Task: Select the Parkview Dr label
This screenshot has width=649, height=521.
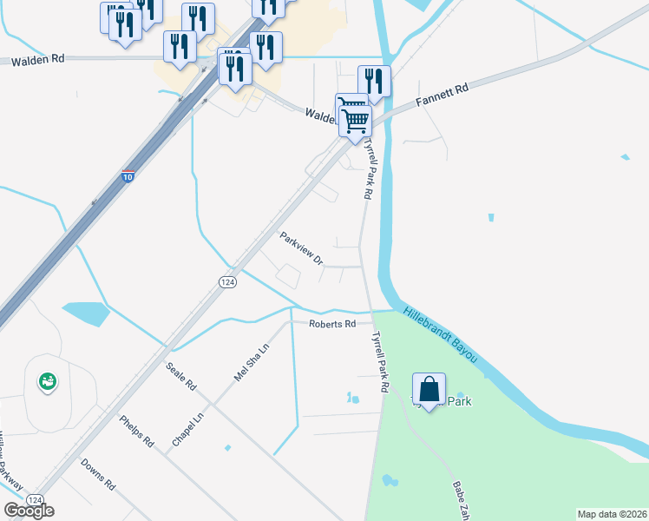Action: point(301,247)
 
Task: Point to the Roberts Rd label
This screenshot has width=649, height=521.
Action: point(333,324)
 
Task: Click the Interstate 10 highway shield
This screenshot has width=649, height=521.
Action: point(128,176)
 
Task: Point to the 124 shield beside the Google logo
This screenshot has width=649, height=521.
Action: point(36,500)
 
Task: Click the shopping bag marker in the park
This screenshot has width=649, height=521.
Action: point(429,390)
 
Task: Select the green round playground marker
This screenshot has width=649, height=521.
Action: point(46,380)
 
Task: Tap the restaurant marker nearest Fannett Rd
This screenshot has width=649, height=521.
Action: point(374,82)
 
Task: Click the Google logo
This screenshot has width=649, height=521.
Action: point(29,511)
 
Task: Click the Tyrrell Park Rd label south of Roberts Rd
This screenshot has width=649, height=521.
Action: point(378,363)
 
